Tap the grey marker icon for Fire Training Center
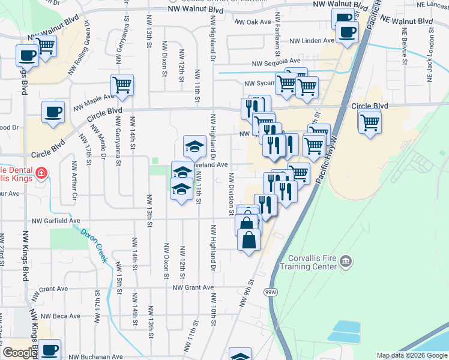pos(345,261)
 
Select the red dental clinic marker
pos(41,174)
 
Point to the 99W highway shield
pos(271,292)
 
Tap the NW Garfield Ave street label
pos(58,221)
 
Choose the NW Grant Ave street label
pos(193,287)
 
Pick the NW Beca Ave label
pos(58,316)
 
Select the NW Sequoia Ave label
pos(276,61)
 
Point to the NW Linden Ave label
pos(312,41)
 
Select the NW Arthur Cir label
pos(75,179)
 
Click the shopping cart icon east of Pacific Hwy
pos(370,122)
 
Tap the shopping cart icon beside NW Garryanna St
pos(122,85)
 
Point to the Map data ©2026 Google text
pos(411,355)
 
